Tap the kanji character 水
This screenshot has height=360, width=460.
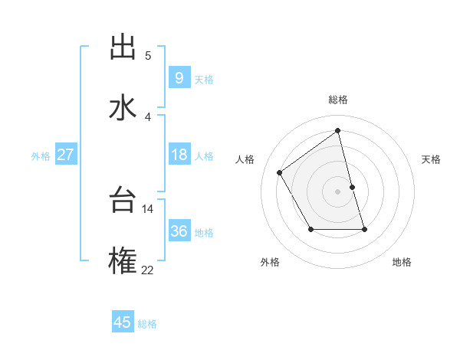click(123, 107)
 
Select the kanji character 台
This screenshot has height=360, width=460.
click(123, 201)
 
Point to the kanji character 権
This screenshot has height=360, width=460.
click(123, 261)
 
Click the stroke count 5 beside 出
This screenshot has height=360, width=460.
click(148, 55)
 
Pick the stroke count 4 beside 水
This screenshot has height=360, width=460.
click(148, 116)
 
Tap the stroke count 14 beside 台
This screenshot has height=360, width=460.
click(148, 208)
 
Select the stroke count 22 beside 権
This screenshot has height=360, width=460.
click(148, 269)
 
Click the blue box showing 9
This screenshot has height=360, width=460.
click(179, 78)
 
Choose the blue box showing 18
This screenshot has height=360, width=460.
click(179, 155)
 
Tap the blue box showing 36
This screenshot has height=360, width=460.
click(179, 231)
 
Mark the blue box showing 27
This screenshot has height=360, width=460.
click(65, 155)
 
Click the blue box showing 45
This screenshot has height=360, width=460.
click(123, 322)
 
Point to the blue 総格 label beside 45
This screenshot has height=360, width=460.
click(148, 324)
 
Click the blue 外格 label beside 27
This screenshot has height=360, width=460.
click(41, 156)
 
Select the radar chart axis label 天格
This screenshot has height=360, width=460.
click(431, 159)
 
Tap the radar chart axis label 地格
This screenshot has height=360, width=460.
click(402, 262)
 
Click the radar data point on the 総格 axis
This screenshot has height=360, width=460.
click(337, 131)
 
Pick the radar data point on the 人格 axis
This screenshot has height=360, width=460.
click(280, 173)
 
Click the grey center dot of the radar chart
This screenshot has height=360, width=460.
click(337, 191)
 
